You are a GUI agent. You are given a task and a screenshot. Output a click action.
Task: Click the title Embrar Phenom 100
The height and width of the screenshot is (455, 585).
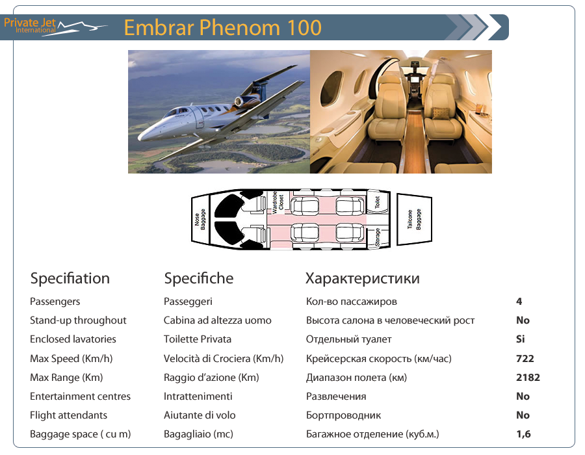[223, 27]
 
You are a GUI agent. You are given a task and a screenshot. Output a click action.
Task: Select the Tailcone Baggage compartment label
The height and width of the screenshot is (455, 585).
[414, 219]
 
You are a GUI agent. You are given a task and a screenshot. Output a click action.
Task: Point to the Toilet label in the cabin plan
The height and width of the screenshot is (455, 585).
[377, 201]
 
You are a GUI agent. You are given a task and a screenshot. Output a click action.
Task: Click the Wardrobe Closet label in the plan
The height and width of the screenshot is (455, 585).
[278, 202]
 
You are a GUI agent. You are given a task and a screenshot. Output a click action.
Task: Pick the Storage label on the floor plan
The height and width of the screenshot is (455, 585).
[378, 237]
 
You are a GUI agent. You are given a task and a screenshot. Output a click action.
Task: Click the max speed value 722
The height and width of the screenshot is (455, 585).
[525, 359]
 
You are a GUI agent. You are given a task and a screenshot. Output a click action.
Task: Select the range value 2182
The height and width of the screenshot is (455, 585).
[528, 378]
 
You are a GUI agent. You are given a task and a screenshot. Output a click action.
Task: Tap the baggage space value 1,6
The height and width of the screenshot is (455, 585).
[523, 434]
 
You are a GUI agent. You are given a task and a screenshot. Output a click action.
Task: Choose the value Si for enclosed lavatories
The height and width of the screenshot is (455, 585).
[521, 339]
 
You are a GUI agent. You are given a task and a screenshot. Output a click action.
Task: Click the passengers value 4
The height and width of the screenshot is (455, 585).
[519, 302]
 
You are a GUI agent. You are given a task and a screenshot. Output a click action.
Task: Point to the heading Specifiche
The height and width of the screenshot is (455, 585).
[199, 279]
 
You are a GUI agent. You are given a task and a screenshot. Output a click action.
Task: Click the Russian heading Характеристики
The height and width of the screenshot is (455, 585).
[363, 279]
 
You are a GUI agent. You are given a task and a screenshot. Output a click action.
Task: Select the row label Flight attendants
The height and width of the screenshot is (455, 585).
[69, 415]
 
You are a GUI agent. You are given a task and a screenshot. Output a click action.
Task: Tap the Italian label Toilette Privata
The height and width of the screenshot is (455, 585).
[198, 339]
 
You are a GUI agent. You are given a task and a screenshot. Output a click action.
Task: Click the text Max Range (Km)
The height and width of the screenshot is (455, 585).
[66, 378]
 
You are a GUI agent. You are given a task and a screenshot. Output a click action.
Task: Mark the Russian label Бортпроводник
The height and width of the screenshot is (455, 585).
[344, 415]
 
